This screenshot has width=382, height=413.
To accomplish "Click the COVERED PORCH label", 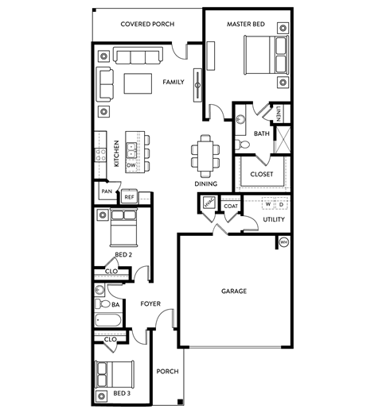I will pyautogui.click(x=146, y=24).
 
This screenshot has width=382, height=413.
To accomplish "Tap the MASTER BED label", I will pyautogui.click(x=245, y=24).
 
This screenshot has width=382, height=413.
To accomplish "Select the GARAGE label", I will pyautogui.click(x=233, y=291).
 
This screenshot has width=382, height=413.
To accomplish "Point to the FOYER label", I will pyautogui.click(x=151, y=303).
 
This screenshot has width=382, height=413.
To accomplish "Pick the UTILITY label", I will pyautogui.click(x=274, y=219).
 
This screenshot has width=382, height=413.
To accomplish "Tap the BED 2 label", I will pyautogui.click(x=123, y=254).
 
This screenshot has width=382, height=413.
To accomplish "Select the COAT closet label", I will pyautogui.click(x=231, y=206).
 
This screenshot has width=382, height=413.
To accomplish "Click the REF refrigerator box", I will pyautogui.click(x=129, y=195).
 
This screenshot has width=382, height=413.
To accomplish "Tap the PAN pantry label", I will pyautogui.click(x=106, y=191).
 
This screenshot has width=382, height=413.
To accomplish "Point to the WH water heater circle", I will pyautogui.click(x=283, y=242).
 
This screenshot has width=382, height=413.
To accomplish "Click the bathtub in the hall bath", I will pyautogui.click(x=107, y=322).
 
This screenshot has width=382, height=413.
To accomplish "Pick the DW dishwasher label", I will pyautogui.click(x=131, y=165).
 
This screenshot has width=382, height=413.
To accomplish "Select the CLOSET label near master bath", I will pyautogui.click(x=262, y=174).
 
